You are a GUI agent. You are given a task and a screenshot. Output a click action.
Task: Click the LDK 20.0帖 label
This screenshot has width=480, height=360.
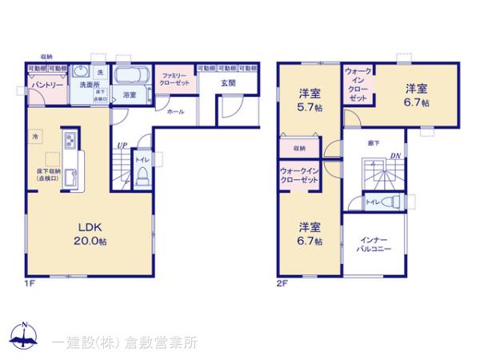click(86, 232)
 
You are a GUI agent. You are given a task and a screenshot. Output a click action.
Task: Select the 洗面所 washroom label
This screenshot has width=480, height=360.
click(82, 84)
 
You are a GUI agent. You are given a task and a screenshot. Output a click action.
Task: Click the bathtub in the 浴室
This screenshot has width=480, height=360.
click(130, 78)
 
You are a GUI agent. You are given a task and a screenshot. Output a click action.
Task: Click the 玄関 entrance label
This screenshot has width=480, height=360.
click(229, 82)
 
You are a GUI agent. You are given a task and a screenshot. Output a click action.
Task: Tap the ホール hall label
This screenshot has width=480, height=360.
click(176, 111)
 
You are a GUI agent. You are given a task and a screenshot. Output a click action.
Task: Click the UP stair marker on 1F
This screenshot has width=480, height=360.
click(121, 145)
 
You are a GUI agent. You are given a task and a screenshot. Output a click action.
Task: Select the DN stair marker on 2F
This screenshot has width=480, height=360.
click(395, 156)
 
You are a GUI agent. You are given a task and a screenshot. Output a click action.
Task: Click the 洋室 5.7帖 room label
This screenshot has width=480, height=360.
click(310, 98)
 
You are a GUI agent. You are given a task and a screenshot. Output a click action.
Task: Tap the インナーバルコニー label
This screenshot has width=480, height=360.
click(374, 245)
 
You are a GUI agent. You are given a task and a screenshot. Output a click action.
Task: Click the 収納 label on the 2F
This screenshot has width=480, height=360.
click(298, 148)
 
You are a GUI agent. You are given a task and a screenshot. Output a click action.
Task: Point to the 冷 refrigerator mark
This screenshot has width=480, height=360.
click(35, 138)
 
